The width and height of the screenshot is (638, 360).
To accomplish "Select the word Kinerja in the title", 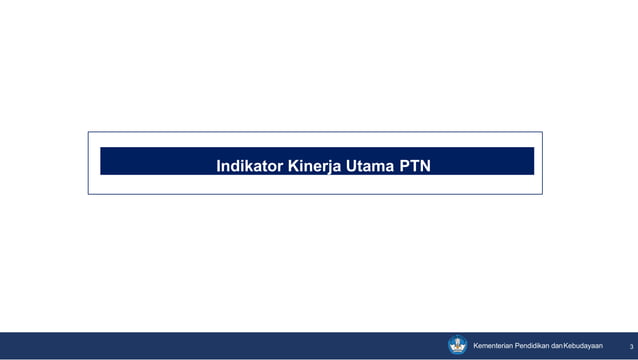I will coord(315,165).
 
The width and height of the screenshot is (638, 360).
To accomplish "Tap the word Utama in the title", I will coord(370,165).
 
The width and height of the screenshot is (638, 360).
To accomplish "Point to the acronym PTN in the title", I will coord(415,165).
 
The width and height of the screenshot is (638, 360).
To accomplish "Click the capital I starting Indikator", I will coord(219,165).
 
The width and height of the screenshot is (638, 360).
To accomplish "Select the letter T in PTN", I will coord(415,165).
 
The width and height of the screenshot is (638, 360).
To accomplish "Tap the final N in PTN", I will coord(426,165).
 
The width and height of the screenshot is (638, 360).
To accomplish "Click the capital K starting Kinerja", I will coord(293,165).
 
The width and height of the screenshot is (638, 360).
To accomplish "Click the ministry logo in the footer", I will coord(458,345).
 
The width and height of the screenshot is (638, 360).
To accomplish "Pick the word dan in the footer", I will coord(556,346).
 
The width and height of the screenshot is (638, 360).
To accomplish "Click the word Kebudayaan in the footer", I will coord(583,346).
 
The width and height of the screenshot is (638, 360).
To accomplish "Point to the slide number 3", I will coord(618,347).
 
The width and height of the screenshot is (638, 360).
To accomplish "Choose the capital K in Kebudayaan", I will coord(566,346).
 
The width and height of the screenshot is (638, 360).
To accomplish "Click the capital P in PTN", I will coord(404,165).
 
